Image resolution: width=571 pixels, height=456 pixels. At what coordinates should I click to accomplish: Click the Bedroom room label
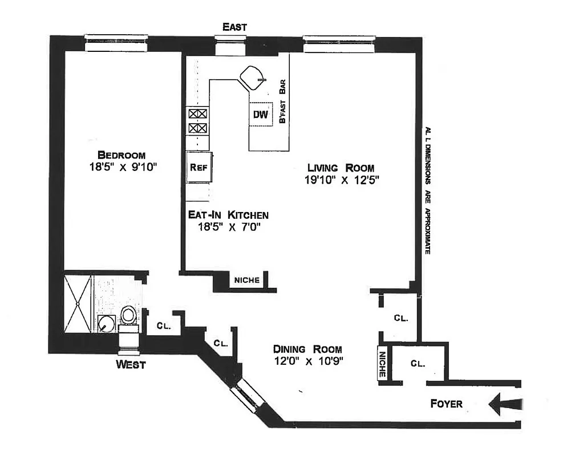point(121,154)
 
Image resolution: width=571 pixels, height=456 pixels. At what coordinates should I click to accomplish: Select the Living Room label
point(341,168)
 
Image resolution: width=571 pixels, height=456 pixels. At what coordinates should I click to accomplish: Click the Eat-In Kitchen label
point(228,215)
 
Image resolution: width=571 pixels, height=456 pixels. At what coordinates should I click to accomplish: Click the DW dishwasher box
point(260,114)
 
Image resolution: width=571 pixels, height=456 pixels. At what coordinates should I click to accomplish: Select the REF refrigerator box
point(199,167)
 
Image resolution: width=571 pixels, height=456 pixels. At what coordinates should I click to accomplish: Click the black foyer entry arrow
point(505,404)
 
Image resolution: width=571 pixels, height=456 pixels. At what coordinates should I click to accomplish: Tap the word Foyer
point(446,404)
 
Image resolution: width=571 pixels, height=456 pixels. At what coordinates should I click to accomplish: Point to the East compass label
point(234,27)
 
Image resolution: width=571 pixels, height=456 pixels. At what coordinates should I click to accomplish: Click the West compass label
point(131,364)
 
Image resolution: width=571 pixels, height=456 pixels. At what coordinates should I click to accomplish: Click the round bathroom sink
point(106,324)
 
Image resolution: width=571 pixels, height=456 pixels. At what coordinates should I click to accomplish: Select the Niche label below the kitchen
point(247,280)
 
